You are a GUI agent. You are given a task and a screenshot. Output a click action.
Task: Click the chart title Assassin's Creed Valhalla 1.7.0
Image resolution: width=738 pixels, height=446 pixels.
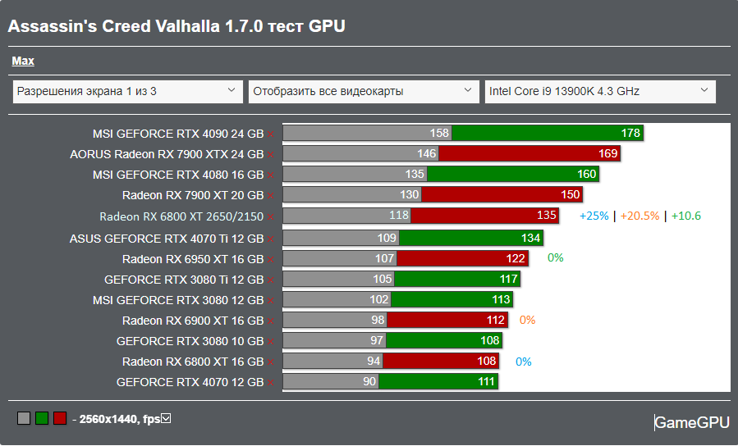[x=176, y=27]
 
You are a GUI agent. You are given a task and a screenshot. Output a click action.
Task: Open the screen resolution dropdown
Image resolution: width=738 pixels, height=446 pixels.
[x=128, y=91]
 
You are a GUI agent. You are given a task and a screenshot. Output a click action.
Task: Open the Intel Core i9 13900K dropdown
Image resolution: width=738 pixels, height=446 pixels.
[x=600, y=91]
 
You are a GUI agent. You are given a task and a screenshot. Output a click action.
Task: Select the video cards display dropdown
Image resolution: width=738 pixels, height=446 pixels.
[x=364, y=91]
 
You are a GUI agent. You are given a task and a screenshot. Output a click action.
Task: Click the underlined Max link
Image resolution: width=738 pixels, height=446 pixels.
[x=23, y=61]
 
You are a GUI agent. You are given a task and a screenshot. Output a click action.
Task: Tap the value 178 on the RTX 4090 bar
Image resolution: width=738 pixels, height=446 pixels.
[x=630, y=133]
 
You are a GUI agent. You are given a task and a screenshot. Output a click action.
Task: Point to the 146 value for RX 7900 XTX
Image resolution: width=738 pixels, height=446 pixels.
[x=426, y=153]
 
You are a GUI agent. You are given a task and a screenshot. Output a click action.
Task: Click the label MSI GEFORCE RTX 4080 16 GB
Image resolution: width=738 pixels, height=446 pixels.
[x=178, y=175]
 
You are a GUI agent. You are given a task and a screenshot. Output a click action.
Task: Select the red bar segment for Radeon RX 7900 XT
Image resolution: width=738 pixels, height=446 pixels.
[x=501, y=195]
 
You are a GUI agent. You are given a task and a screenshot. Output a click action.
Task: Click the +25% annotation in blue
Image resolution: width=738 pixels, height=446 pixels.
[x=594, y=216]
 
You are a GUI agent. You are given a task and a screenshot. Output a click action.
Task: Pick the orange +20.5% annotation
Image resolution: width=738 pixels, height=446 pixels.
[x=639, y=216]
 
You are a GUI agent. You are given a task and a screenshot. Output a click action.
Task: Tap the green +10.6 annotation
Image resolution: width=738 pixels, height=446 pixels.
[x=686, y=216]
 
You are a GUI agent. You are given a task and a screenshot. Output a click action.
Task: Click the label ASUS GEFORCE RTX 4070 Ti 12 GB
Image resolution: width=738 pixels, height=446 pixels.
[x=167, y=239]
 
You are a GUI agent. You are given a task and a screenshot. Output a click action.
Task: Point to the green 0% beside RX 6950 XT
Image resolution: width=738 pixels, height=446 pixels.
[x=556, y=257]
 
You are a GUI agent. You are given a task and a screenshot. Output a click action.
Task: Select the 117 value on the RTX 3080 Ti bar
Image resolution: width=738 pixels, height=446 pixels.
[x=508, y=279]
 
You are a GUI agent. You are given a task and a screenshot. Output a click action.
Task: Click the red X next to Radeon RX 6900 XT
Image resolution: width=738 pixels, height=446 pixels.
[x=270, y=321]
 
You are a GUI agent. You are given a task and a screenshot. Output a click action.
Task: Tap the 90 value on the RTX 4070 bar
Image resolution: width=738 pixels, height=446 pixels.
[x=369, y=381]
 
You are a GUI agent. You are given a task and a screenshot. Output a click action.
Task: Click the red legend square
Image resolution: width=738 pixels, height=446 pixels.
[x=59, y=419]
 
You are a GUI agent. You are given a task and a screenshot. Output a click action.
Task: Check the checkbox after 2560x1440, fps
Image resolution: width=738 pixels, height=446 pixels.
[x=166, y=419]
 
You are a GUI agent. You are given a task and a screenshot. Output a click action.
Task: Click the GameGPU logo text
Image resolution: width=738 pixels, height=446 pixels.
[x=691, y=422]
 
